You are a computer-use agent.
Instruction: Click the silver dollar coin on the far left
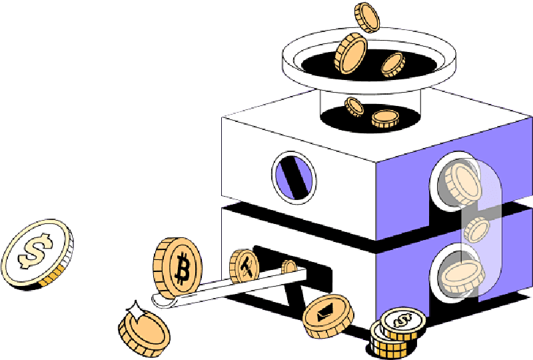tap(36, 254)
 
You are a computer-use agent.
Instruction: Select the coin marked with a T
tap(245, 266)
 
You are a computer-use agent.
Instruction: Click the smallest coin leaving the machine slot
tap(289, 267)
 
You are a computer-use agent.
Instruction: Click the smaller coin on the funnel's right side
tap(393, 63)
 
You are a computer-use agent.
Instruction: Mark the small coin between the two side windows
tap(477, 229)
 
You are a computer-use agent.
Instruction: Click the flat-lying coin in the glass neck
tap(385, 119)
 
